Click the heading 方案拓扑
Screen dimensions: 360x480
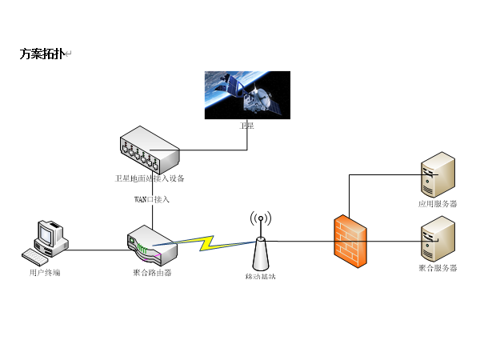click(x=42, y=54)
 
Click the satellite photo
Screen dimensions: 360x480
click(x=247, y=94)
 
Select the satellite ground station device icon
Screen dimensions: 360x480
click(x=150, y=151)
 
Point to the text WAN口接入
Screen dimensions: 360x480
click(x=151, y=198)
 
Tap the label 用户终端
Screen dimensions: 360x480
click(x=45, y=273)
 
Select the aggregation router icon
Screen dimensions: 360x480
click(x=150, y=245)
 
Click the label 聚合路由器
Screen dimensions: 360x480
click(x=152, y=273)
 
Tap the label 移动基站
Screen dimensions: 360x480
click(x=260, y=277)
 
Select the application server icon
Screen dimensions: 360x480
click(x=438, y=177)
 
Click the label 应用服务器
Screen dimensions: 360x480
click(x=438, y=204)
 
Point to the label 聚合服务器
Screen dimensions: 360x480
click(x=438, y=268)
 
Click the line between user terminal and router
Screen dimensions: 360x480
click(x=96, y=250)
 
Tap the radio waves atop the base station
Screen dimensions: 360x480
click(x=260, y=219)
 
